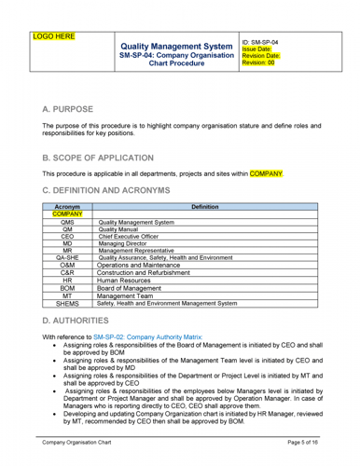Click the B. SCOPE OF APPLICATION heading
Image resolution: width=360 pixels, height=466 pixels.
111,159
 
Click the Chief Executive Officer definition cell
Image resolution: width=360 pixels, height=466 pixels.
139,236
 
